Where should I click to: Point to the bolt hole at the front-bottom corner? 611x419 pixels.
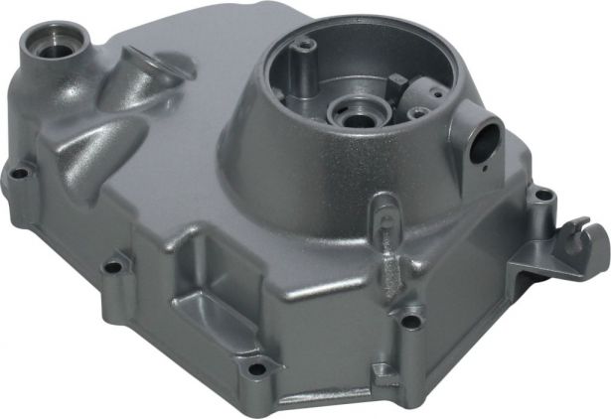[x=256, y=369]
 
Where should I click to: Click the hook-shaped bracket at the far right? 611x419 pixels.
[x=586, y=239]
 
